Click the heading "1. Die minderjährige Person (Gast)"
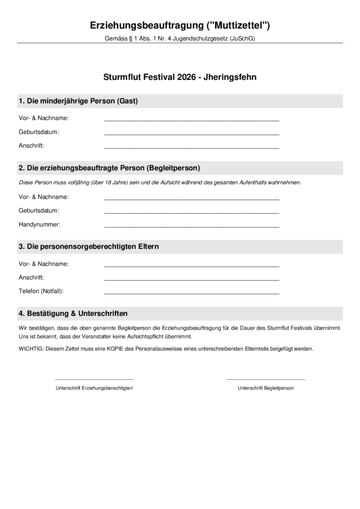click(78, 101)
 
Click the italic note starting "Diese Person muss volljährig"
click(160, 182)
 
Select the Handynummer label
click(39, 224)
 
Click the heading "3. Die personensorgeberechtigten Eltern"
click(89, 247)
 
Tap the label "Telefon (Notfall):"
click(41, 291)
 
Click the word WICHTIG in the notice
click(31, 349)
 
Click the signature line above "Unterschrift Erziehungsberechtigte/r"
click(94, 379)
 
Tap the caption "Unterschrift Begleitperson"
click(266, 388)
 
